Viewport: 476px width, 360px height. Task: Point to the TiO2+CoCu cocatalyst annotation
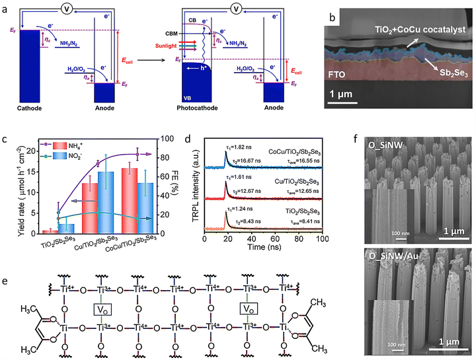409,29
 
